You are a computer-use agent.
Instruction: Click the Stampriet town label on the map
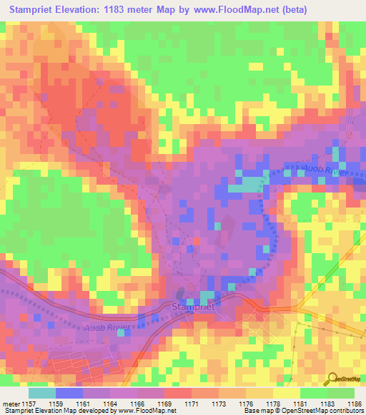[195, 307]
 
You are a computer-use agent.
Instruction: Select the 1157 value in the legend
[28, 404]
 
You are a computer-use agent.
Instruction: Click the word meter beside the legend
[10, 404]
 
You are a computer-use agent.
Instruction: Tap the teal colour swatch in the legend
[41, 393]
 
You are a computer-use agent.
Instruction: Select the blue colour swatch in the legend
[69, 393]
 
